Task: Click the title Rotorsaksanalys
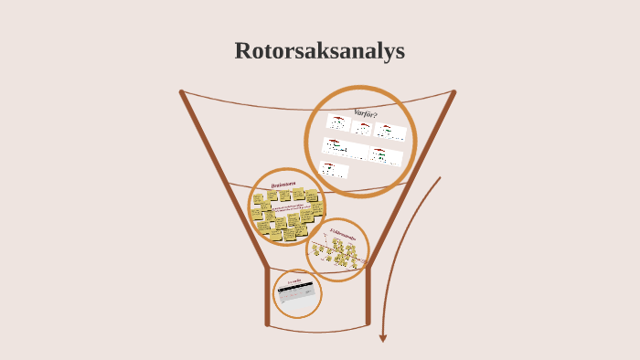click(x=319, y=51)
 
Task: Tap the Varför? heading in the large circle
click(x=366, y=113)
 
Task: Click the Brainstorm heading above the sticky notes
click(x=283, y=185)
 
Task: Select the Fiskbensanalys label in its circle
click(x=344, y=236)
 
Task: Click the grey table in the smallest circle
click(x=297, y=295)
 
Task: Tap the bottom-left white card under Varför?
click(x=335, y=169)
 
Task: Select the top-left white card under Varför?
click(x=338, y=122)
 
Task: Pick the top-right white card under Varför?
click(x=390, y=132)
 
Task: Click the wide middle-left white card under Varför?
click(x=345, y=148)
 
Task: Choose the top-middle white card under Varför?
click(x=361, y=128)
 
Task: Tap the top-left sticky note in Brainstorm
click(x=259, y=197)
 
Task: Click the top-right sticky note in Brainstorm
click(x=312, y=195)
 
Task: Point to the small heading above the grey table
click(x=294, y=281)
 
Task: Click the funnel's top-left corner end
click(x=182, y=91)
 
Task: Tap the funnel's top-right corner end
click(x=453, y=91)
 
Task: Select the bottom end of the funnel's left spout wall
click(x=267, y=323)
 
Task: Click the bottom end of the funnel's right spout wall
click(x=368, y=323)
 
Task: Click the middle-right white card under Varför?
click(x=386, y=155)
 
